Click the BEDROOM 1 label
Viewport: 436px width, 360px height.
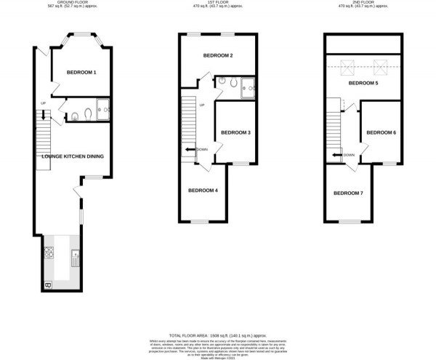(x=81, y=73)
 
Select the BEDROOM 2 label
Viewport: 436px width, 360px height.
(x=217, y=56)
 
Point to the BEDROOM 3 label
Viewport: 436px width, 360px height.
(x=235, y=132)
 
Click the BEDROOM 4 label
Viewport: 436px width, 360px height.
(x=203, y=191)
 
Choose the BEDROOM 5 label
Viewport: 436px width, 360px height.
(x=363, y=84)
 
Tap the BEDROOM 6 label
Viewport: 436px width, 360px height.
(x=381, y=132)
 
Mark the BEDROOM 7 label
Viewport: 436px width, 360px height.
(x=348, y=193)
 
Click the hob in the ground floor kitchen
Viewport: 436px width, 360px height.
(x=49, y=253)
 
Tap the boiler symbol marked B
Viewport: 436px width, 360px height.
(x=48, y=284)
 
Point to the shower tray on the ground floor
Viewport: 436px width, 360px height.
(x=101, y=108)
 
